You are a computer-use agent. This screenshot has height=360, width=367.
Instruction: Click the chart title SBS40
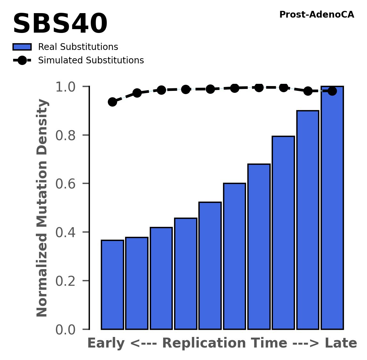[60, 24]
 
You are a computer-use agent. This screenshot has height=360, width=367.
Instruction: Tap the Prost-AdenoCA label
[316, 15]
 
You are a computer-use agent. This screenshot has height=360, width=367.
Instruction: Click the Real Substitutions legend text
[78, 47]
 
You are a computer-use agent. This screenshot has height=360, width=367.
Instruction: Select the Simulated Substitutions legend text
[91, 60]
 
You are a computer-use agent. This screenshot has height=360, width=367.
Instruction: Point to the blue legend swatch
[22, 47]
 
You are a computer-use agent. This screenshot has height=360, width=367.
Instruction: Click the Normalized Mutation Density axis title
[42, 208]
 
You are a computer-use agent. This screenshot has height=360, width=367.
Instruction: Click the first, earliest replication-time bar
[112, 284]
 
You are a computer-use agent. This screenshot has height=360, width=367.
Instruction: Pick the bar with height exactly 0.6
[235, 256]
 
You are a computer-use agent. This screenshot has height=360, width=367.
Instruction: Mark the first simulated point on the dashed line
[112, 102]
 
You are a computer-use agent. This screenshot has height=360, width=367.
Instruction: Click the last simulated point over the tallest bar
[332, 91]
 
